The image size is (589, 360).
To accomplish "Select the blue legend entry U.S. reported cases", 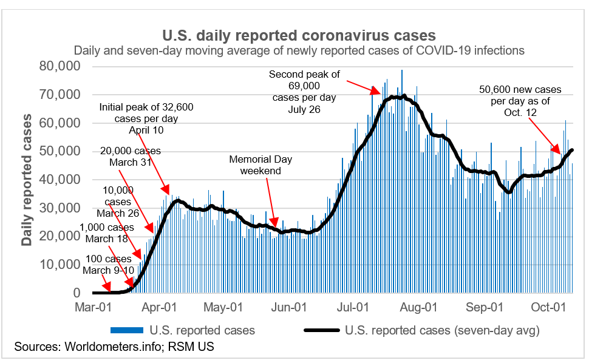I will [183, 331].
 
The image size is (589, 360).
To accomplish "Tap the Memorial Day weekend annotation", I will [260, 165].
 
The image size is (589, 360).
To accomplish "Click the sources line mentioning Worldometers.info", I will [114, 347].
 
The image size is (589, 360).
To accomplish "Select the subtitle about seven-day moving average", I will [298, 50].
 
